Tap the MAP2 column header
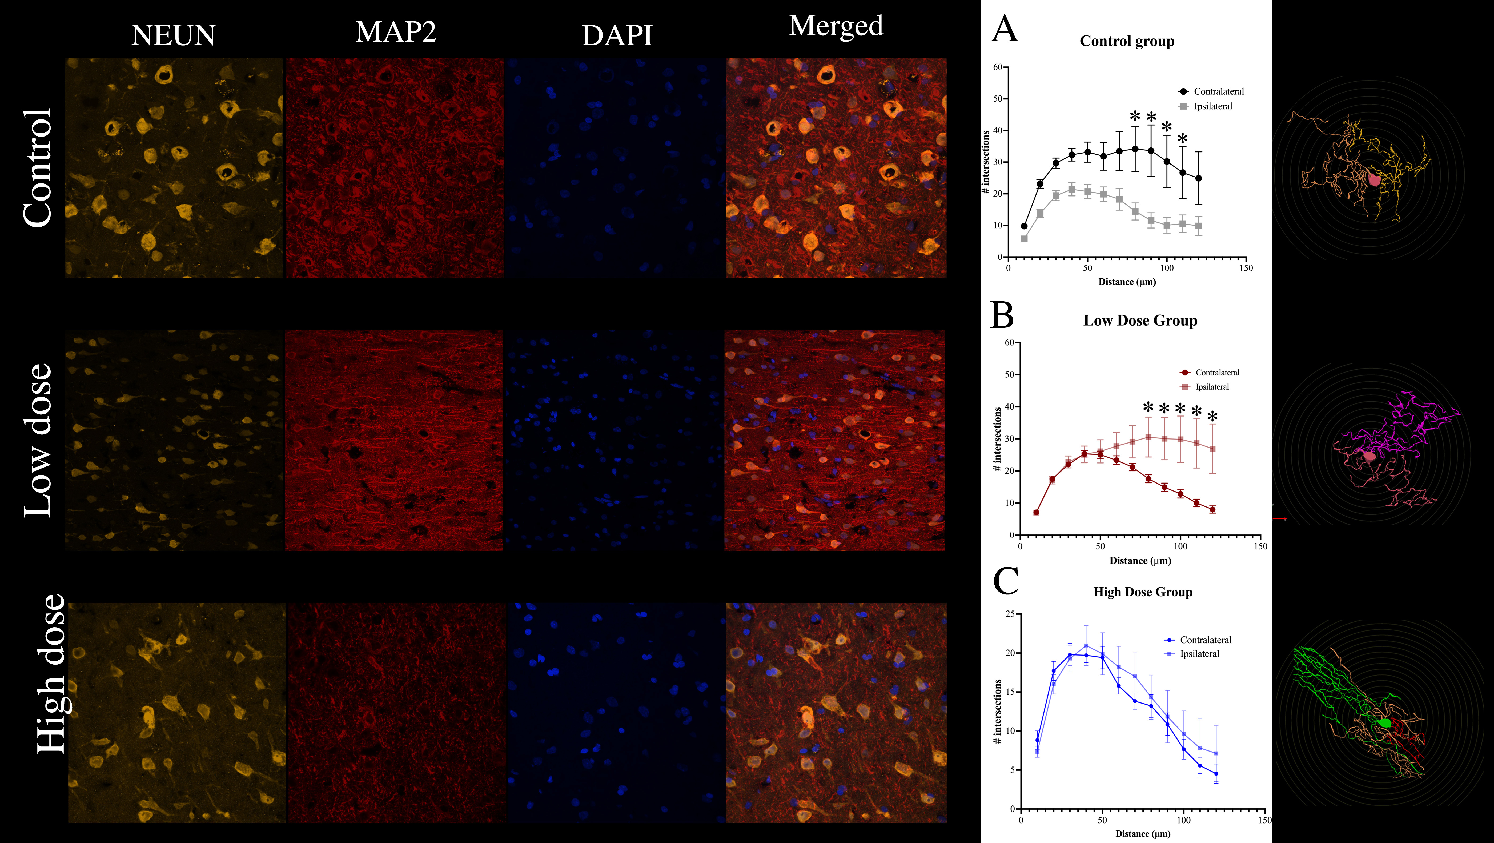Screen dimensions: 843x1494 396,32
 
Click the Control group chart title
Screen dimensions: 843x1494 1127,41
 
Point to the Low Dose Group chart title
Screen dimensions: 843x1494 1140,321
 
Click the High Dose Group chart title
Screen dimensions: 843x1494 1143,592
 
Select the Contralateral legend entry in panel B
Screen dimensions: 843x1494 1217,373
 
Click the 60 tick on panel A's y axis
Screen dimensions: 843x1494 998,67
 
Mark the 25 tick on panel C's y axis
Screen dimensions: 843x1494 1010,614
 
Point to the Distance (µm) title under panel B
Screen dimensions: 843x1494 1140,561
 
